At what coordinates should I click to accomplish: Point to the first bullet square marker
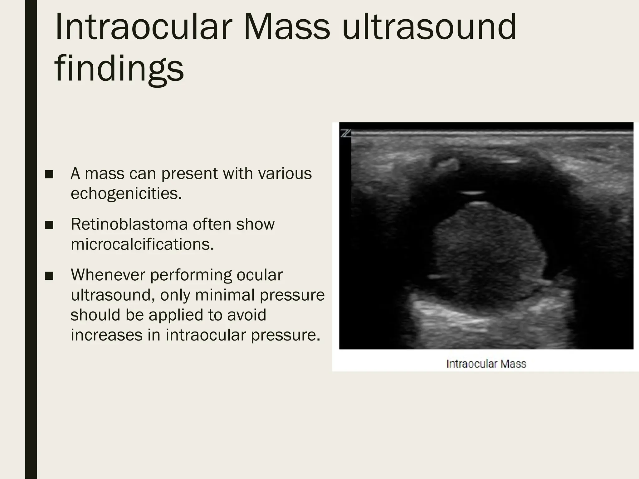pyautogui.click(x=49, y=174)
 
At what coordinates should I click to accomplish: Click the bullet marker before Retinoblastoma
pyautogui.click(x=49, y=225)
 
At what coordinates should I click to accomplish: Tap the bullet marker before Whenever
pyautogui.click(x=49, y=276)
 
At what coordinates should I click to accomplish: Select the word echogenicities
pyautogui.click(x=126, y=193)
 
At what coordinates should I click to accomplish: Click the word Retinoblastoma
pyautogui.click(x=129, y=224)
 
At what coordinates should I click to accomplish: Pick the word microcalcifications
pyautogui.click(x=142, y=244)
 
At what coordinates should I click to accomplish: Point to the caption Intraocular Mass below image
pyautogui.click(x=486, y=364)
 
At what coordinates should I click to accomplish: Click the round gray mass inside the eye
pyautogui.click(x=487, y=253)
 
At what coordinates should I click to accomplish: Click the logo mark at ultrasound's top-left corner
pyautogui.click(x=345, y=134)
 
